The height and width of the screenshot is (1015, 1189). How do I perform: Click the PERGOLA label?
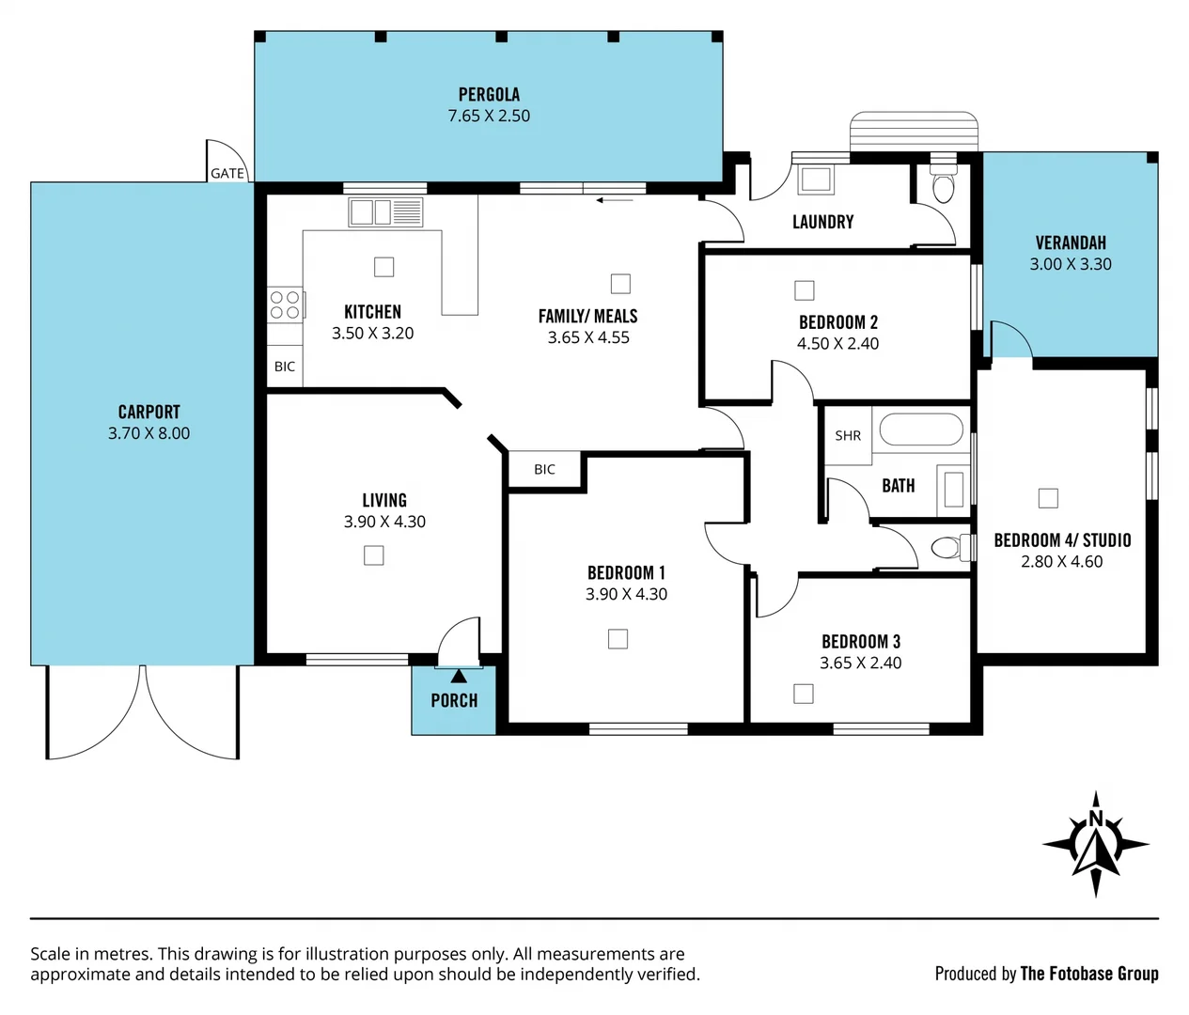pos(489,94)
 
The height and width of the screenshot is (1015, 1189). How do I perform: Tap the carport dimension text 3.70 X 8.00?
pos(149,433)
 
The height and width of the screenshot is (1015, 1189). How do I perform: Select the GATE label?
pos(227,173)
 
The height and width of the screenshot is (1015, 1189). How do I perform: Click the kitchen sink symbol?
pos(385,212)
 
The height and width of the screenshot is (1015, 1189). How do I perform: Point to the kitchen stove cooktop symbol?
pos(285,304)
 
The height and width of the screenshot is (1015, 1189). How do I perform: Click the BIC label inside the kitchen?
pos(285,367)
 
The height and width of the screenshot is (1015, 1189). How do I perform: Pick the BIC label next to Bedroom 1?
pos(544,469)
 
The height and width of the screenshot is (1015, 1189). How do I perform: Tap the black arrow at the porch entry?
pos(459,675)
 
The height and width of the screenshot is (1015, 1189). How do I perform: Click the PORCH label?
pos(454,700)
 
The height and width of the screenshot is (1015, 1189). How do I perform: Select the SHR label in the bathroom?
pos(848,435)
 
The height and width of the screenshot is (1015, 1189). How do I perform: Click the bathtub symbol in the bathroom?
pos(921,430)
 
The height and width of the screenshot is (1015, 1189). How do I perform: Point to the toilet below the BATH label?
pos(948,547)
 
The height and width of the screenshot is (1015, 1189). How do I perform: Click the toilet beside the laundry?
pos(943,187)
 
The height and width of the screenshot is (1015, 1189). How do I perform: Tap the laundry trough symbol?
pos(815,179)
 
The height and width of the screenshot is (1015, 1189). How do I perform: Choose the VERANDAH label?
pos(1071,242)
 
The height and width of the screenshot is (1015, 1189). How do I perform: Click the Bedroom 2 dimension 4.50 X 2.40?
pos(837,343)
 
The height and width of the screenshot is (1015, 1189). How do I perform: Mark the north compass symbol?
pos(1096,844)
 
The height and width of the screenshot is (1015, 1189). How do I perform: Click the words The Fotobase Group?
pos(1089,974)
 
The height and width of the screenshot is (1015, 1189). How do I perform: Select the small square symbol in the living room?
pos(374,555)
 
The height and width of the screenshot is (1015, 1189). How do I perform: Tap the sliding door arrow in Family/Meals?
pos(615,199)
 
